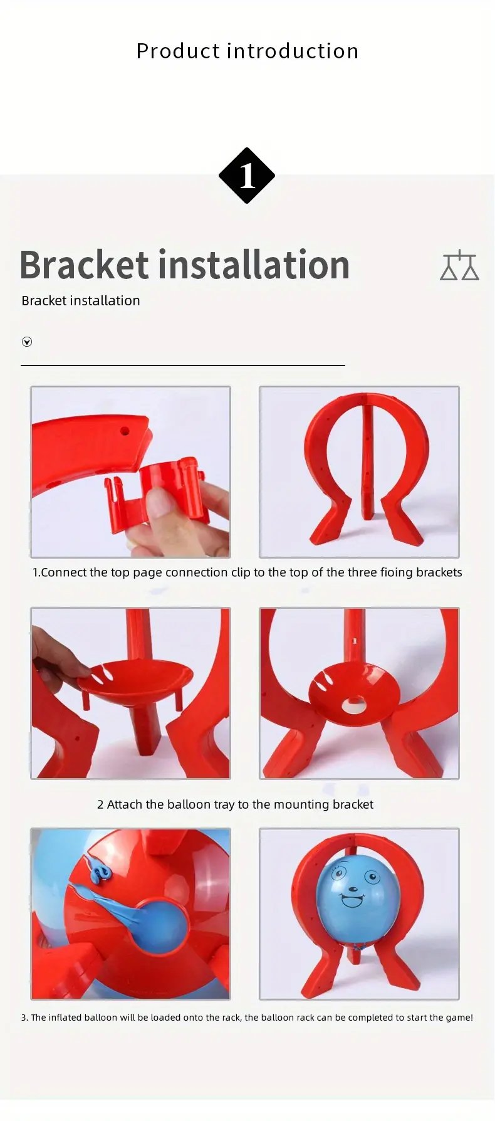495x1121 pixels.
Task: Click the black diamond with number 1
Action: pos(247,176)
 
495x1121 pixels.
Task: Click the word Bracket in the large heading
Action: pos(84,265)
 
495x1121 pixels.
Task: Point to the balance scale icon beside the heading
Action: pos(459,265)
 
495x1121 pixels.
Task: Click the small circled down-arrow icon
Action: pos(27,342)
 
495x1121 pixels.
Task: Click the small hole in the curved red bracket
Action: pos(125,431)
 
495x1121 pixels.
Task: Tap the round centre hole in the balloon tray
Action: pos(355,704)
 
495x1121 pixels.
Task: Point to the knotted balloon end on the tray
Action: pos(99,871)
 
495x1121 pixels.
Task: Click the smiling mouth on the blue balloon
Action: pos(352,901)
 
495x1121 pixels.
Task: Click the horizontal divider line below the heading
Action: pos(183,365)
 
